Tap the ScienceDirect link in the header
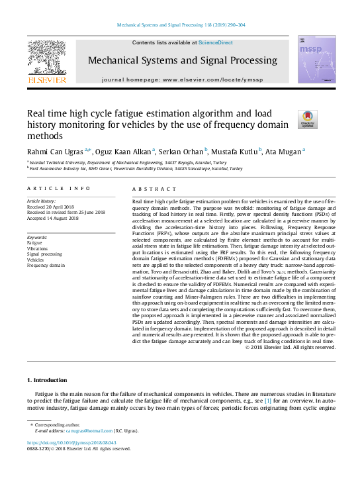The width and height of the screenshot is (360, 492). [216, 42]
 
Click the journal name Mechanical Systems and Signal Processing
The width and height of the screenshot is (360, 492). [180, 60]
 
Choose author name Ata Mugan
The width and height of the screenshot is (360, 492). [284, 151]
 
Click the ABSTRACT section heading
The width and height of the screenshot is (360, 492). [155, 189]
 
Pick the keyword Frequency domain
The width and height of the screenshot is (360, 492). [46, 265]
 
